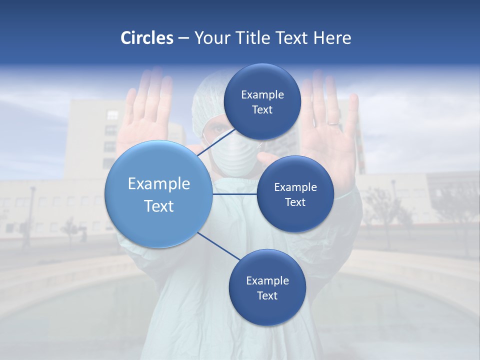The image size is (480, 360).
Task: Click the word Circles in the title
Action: pos(147,38)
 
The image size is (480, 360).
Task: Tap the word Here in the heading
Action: pos(332,38)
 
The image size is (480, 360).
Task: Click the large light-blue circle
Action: pos(158,194)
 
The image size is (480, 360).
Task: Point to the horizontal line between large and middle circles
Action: pos(235,194)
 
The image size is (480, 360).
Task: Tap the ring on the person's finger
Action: pos(332,122)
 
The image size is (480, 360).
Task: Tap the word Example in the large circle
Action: pos(159,183)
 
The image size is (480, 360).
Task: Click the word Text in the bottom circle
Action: pos(267,295)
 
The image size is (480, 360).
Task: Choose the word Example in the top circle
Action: pos(262,94)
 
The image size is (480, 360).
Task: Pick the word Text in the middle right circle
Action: pos(295,202)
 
